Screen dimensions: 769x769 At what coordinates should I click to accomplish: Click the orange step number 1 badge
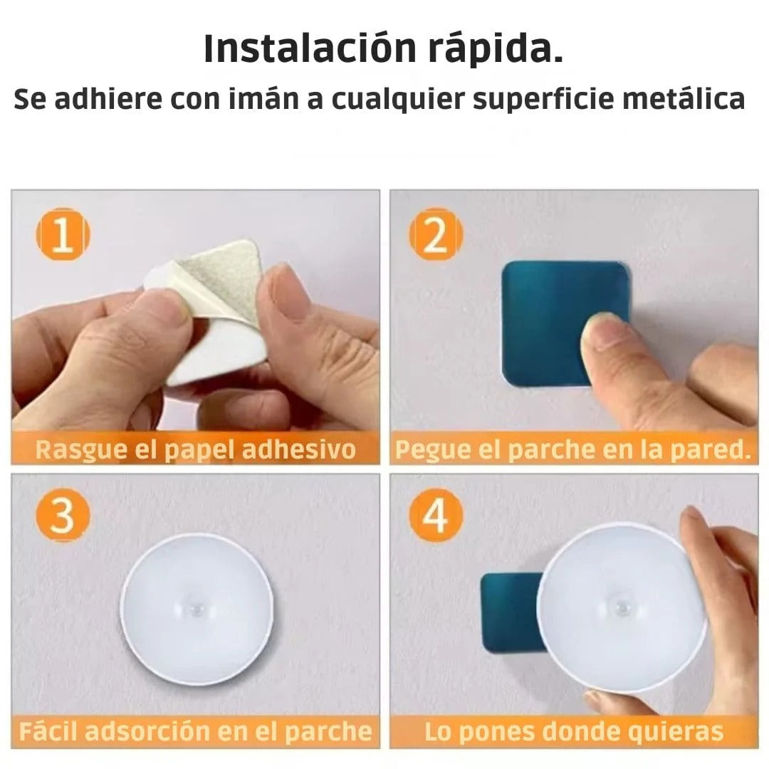[63, 234]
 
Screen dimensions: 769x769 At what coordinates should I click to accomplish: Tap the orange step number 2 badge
[436, 234]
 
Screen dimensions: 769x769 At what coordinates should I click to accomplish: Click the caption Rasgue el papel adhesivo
[195, 450]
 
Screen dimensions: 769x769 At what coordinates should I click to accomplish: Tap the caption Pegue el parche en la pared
[573, 450]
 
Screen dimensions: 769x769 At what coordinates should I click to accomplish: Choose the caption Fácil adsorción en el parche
[195, 731]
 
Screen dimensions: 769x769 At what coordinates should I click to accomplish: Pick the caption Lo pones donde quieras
[573, 731]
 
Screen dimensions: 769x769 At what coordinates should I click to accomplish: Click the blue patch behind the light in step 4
[507, 612]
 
